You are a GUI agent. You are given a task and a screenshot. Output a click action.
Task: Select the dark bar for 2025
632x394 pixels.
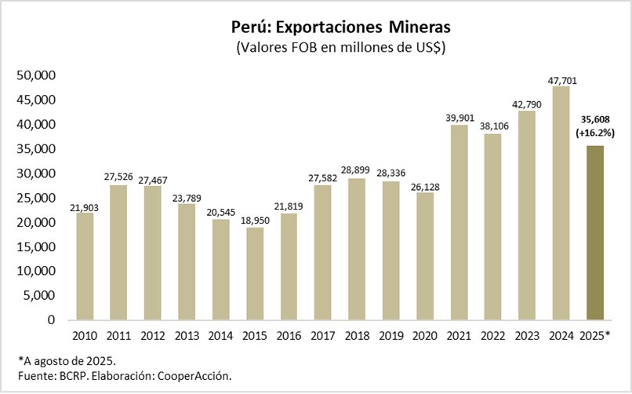pos(595,232)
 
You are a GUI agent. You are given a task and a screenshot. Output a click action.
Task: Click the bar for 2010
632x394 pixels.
pos(85,266)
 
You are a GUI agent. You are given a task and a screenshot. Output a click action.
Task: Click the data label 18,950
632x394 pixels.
pos(255,219)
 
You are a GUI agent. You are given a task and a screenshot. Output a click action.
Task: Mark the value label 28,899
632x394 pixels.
pos(356,170)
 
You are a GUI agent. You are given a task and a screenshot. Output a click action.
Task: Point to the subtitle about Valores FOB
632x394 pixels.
pos(341,47)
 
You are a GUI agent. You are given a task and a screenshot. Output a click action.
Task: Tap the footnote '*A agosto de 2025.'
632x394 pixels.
pos(68,360)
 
